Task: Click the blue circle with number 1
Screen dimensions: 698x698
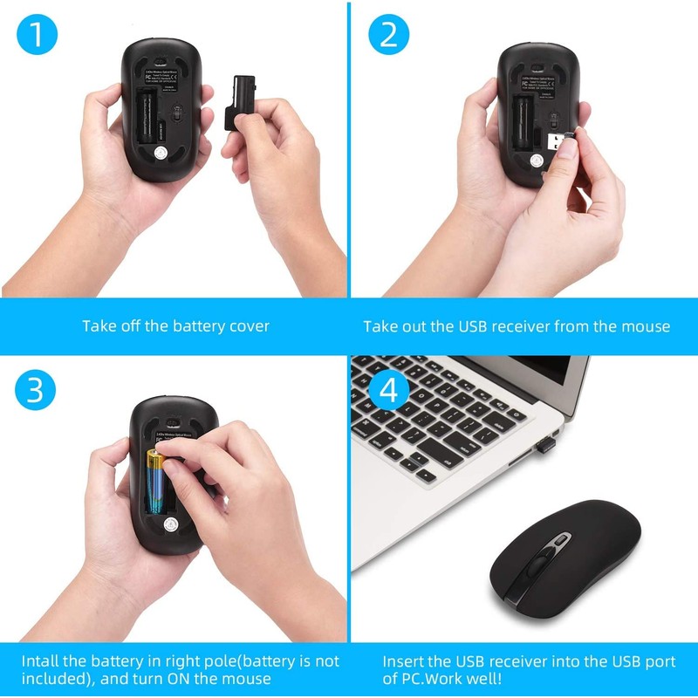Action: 37,37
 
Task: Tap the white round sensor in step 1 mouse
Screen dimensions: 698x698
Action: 161,154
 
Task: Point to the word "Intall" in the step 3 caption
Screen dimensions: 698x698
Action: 42,661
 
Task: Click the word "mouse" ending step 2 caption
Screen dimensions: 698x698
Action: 647,326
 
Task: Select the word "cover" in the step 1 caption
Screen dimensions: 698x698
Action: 250,326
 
